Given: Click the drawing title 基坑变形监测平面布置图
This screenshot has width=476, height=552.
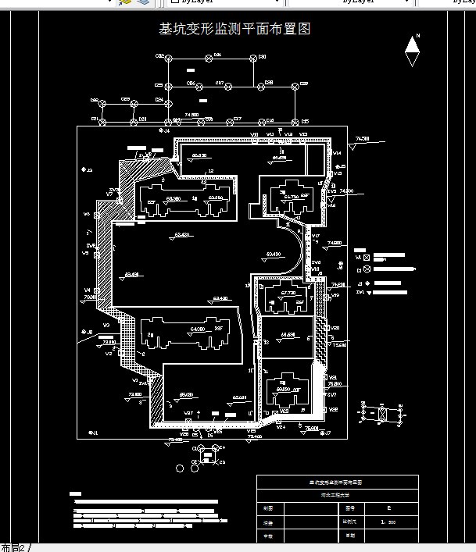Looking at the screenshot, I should click(x=234, y=30).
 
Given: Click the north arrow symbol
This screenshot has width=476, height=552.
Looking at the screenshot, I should click(x=412, y=53).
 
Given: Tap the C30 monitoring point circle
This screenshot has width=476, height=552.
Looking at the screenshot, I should click(x=254, y=58).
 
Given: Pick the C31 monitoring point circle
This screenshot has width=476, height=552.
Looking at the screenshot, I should click(x=209, y=58).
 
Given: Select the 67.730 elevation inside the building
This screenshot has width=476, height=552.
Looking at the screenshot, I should click(x=288, y=293).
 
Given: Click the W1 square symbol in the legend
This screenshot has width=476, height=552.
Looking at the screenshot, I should click(x=367, y=257).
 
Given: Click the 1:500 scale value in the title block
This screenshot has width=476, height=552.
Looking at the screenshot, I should click(x=388, y=522).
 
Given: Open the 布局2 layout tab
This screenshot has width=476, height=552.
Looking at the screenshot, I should click(x=13, y=547).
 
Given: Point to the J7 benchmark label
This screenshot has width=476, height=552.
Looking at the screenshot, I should click(x=327, y=433).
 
